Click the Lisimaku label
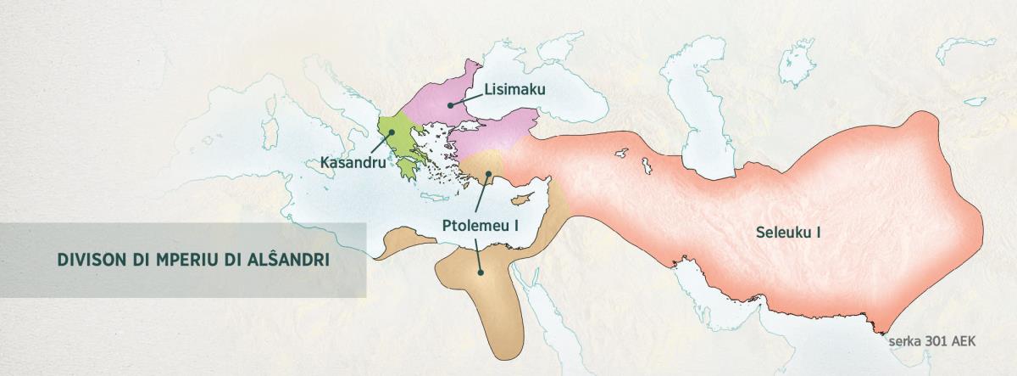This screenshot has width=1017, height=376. (x=514, y=88)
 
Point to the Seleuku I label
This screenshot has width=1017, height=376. (x=789, y=230)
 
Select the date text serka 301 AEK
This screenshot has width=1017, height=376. (x=933, y=340)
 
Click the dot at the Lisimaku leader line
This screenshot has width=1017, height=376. (x=450, y=104)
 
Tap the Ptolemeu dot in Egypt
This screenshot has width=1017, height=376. (x=480, y=272)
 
